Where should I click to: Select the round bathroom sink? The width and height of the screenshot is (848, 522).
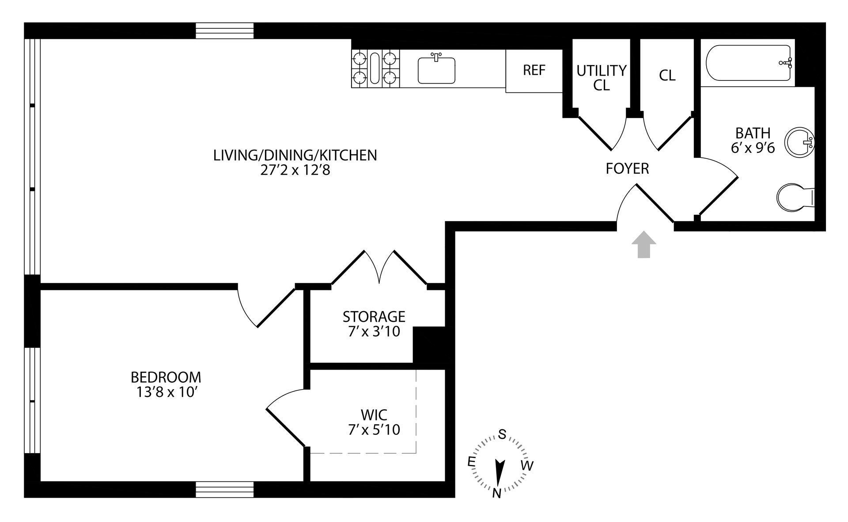tap(799, 142)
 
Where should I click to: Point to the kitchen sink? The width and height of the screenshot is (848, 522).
tap(436, 70)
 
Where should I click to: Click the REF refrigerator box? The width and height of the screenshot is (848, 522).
tap(534, 70)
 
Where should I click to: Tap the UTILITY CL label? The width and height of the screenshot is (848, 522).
tap(601, 77)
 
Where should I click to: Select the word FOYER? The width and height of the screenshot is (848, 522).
tap(627, 168)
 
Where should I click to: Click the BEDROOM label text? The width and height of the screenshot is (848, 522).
tap(166, 377)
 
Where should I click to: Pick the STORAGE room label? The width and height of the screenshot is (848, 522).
tap(374, 316)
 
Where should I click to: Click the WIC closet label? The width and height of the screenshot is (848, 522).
tap(374, 415)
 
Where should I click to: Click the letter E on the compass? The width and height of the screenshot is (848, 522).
tap(471, 462)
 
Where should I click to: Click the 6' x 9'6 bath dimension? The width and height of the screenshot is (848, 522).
tap(753, 148)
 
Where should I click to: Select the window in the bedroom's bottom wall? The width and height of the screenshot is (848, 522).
tap(225, 489)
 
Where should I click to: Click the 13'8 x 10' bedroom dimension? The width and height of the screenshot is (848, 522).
tap(166, 392)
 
